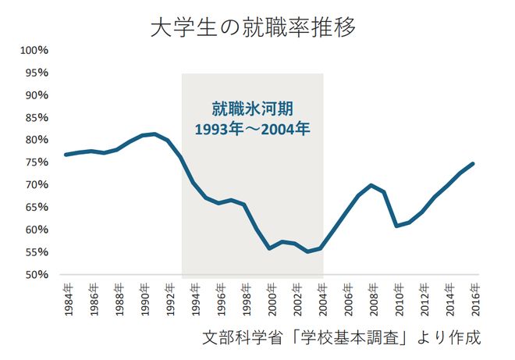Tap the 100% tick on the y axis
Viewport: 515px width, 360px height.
[x=34, y=50]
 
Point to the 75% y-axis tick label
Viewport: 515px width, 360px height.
[x=36, y=162]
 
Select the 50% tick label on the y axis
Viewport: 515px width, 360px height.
[x=36, y=275]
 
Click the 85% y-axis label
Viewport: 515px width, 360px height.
[x=36, y=117]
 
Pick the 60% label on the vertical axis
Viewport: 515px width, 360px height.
[x=36, y=230]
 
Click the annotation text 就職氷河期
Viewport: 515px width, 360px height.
[x=252, y=107]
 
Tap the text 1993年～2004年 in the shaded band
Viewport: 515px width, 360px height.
[x=252, y=127]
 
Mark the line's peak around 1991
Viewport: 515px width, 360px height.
[x=155, y=134]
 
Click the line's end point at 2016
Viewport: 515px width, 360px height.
[x=473, y=163]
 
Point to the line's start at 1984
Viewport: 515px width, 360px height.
[x=66, y=155]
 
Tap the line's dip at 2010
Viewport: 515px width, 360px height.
[x=396, y=226]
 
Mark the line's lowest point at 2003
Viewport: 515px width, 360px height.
[x=307, y=251]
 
